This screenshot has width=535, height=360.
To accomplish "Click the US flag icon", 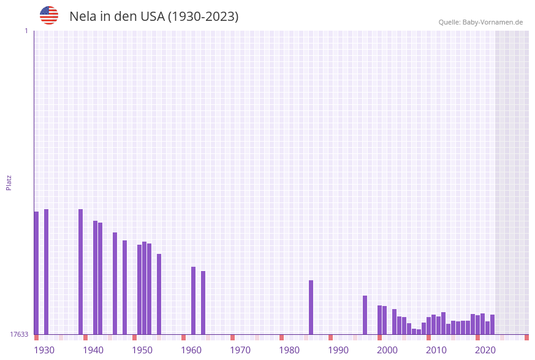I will click(x=49, y=15).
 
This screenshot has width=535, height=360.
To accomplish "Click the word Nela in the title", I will click(x=83, y=17).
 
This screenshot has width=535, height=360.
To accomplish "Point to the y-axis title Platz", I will click(x=9, y=182).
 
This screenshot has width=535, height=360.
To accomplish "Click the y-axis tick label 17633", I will click(x=19, y=334).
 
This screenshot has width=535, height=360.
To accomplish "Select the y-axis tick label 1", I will click(x=26, y=31).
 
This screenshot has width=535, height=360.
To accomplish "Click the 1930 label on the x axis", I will click(x=44, y=350).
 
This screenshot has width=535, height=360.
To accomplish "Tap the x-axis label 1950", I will click(x=142, y=350).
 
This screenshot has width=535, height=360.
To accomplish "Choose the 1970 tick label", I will click(x=240, y=350).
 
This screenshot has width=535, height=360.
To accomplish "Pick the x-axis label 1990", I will click(x=338, y=350).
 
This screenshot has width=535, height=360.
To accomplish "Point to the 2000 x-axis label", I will click(x=387, y=350).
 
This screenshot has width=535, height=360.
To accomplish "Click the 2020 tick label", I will click(x=485, y=350).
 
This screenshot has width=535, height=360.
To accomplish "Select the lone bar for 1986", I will click(x=311, y=307).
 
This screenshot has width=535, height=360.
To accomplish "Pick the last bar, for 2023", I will click(x=492, y=324).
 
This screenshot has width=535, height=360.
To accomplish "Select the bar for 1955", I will click(x=159, y=294).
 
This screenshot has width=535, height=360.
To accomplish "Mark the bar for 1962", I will click(x=193, y=301).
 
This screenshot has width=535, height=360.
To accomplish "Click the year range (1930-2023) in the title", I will click(x=203, y=17).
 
